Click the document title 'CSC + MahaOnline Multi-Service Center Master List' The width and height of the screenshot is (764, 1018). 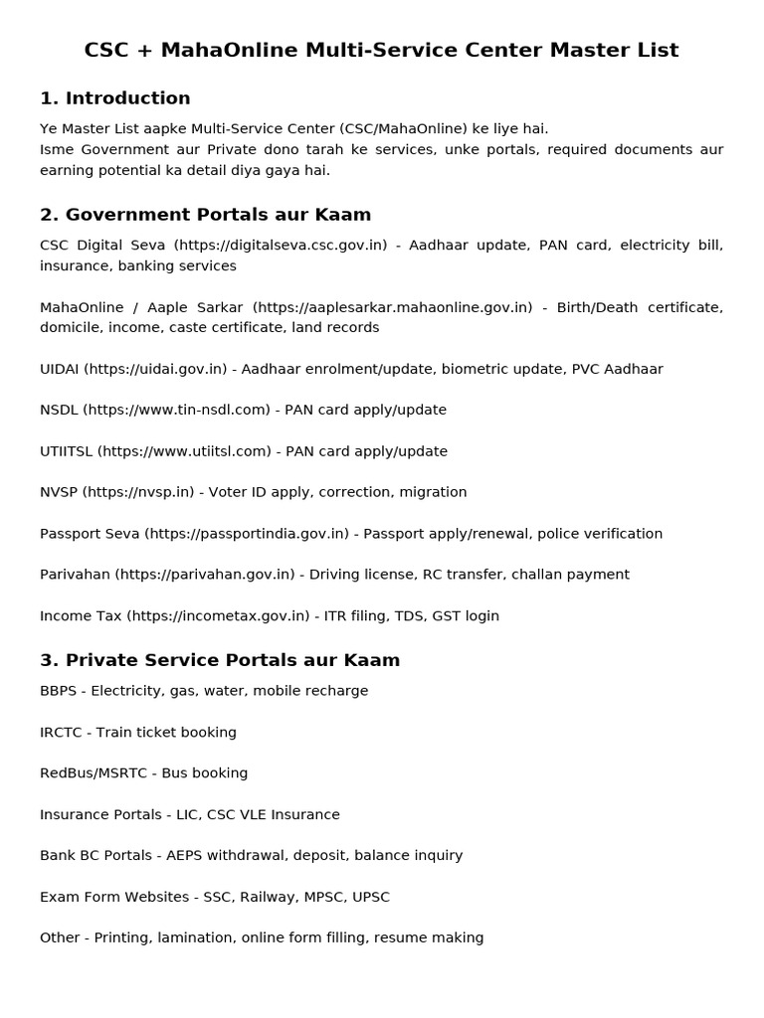point(381,50)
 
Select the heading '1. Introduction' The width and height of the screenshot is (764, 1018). point(114,98)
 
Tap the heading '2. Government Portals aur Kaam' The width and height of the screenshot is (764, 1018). point(205,215)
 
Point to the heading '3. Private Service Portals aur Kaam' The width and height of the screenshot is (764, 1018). point(219,660)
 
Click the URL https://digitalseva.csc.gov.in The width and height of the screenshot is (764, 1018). point(281,246)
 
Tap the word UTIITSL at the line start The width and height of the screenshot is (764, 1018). point(66,451)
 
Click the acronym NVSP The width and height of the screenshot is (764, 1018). point(59,492)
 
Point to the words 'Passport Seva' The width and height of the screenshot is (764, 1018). point(90,534)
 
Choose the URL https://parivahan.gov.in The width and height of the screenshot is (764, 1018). point(205,575)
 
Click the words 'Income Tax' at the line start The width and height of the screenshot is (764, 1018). point(80,616)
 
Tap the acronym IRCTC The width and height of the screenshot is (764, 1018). point(61,733)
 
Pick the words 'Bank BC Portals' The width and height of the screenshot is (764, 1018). point(96,856)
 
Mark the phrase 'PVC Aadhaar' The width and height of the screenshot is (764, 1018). point(617,369)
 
